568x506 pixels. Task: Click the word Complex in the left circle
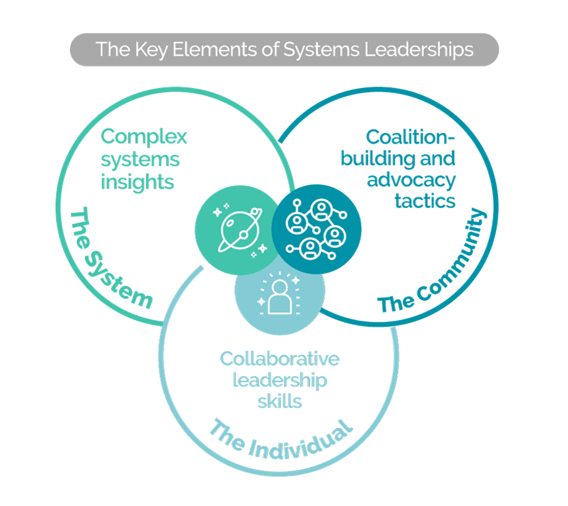pyautogui.click(x=144, y=137)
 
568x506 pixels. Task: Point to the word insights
pyautogui.click(x=138, y=182)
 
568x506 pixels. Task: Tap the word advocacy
pyautogui.click(x=411, y=180)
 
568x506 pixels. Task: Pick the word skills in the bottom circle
pyautogui.click(x=279, y=400)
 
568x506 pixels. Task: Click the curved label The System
pyautogui.click(x=109, y=260)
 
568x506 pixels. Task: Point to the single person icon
pyautogui.click(x=279, y=296)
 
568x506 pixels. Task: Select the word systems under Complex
pyautogui.click(x=140, y=160)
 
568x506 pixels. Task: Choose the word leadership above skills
pyautogui.click(x=279, y=380)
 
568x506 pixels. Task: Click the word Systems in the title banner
pyautogui.click(x=321, y=50)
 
